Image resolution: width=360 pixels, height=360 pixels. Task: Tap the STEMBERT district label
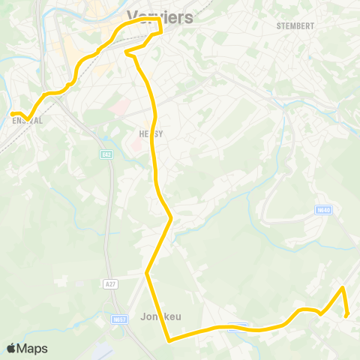click(x=295, y=25)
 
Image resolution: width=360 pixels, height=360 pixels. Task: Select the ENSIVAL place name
click(x=27, y=120)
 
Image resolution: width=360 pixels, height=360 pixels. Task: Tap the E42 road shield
click(x=106, y=154)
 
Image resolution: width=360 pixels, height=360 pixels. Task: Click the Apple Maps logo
click(x=27, y=348)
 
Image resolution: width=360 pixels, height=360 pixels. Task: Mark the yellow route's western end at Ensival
click(x=11, y=114)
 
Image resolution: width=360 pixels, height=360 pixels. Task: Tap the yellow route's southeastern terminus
click(x=346, y=316)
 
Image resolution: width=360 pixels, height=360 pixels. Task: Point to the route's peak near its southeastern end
click(x=342, y=287)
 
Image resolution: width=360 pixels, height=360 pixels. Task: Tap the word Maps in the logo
click(x=33, y=348)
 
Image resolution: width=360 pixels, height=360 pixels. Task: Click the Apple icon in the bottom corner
click(x=11, y=348)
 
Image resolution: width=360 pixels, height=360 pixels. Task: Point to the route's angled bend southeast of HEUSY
click(x=172, y=218)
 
